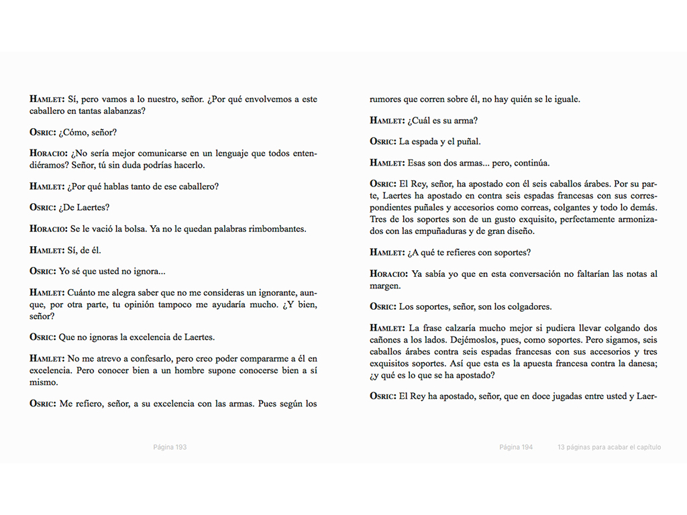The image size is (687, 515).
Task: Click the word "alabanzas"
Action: click(124, 111)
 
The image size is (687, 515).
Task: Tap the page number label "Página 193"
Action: click(170, 447)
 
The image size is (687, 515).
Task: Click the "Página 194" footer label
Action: click(516, 447)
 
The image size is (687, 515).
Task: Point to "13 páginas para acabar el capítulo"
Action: click(609, 447)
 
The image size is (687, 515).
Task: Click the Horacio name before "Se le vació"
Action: click(48, 229)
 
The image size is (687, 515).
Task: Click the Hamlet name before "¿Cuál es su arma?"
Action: click(387, 121)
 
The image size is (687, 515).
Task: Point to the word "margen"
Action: click(385, 286)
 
